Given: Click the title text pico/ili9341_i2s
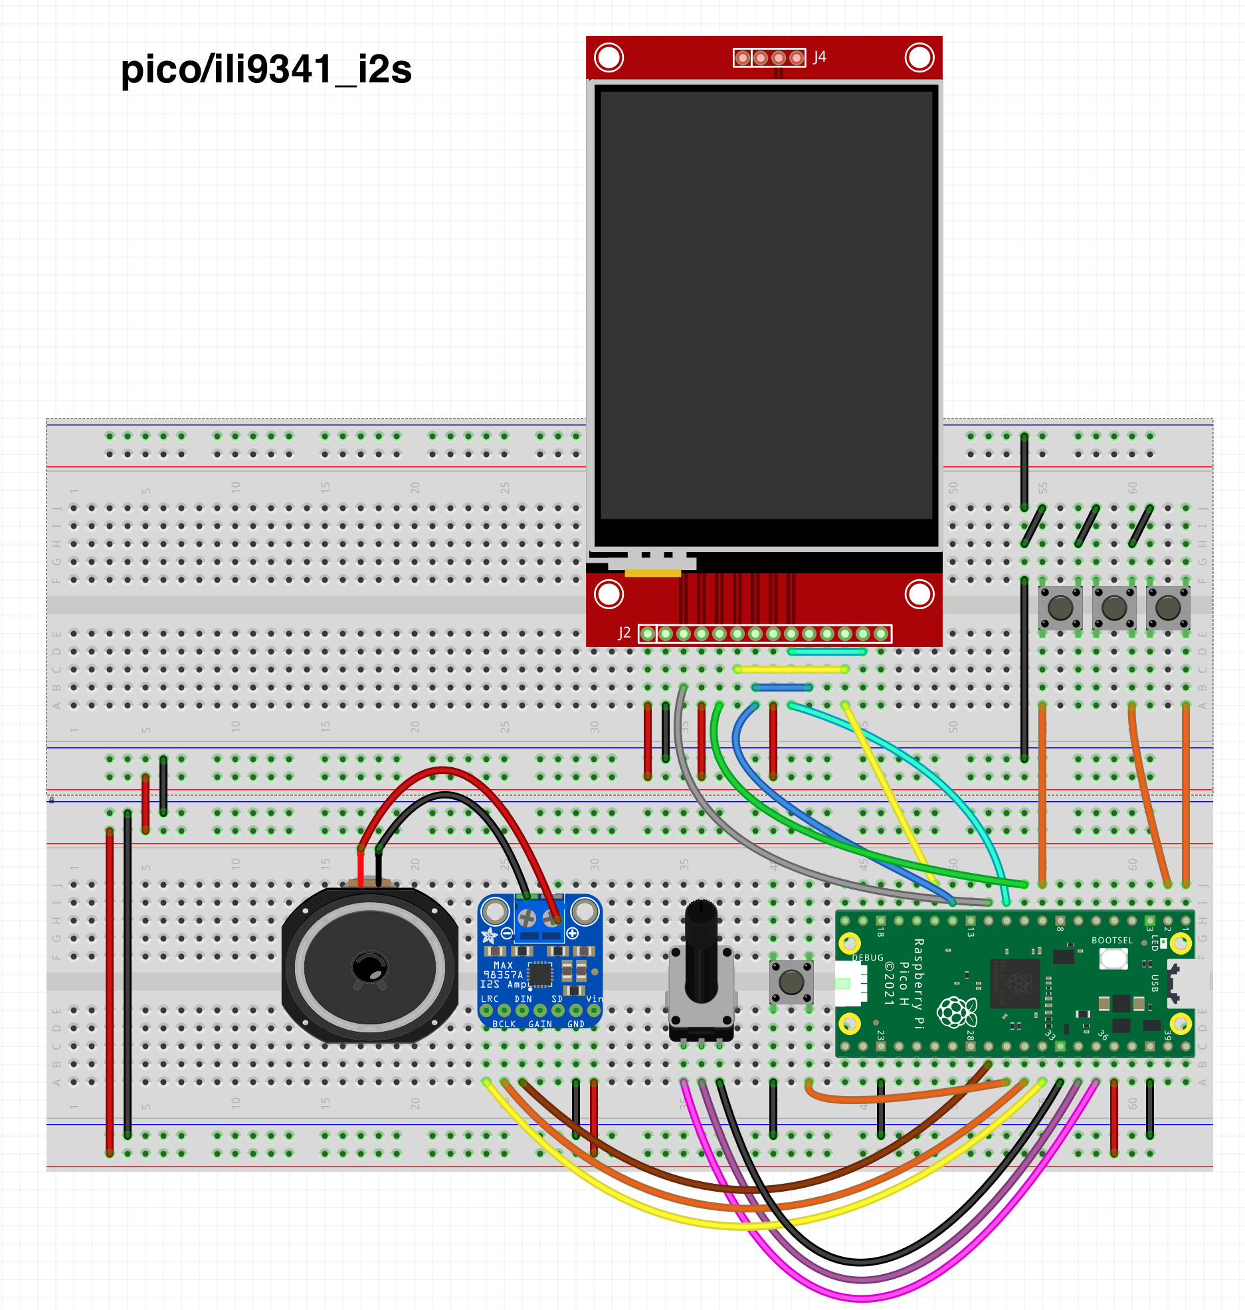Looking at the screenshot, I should click(x=266, y=70).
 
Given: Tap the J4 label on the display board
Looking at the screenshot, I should click(x=820, y=57).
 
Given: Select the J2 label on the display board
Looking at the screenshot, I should click(x=624, y=633).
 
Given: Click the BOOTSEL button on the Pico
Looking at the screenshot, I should click(x=1113, y=958).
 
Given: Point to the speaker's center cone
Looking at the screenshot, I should click(x=370, y=967).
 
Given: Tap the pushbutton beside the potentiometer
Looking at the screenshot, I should click(x=791, y=981).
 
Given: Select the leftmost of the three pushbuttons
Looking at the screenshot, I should click(x=1060, y=607).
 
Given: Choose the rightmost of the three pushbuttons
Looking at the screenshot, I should click(x=1167, y=607).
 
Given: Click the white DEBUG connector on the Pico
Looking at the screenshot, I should click(x=850, y=983).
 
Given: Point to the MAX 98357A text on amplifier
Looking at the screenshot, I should click(x=504, y=970).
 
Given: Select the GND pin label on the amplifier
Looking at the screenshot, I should click(x=576, y=1024).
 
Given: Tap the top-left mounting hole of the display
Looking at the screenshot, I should click(x=609, y=57).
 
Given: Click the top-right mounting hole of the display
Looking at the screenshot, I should click(x=919, y=57).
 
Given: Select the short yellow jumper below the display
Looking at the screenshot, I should click(x=791, y=670).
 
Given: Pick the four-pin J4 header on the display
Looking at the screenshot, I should click(x=769, y=58).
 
